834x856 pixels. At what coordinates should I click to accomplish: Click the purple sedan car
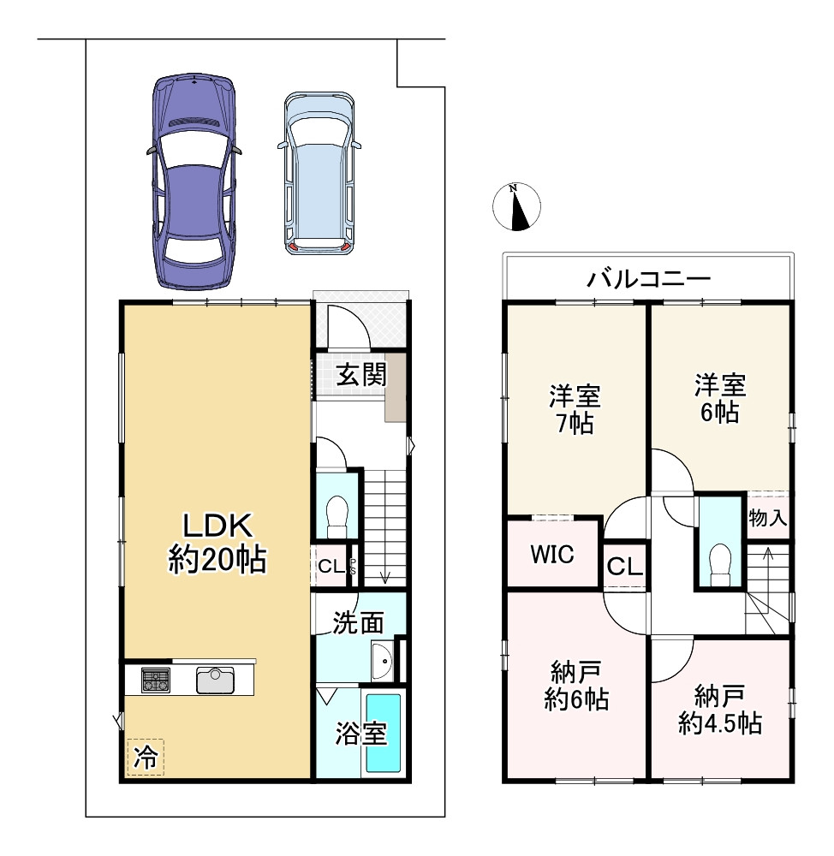tap(194, 182)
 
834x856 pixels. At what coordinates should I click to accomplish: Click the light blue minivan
tap(319, 174)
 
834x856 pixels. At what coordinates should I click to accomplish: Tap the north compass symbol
tap(516, 207)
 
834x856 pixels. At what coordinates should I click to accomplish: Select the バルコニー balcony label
tap(649, 280)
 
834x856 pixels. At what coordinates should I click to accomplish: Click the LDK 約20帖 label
tap(217, 544)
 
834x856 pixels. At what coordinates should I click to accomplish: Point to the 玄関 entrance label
tap(361, 375)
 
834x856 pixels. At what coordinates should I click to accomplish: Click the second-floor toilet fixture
tap(719, 566)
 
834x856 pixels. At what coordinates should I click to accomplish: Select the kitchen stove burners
tap(156, 680)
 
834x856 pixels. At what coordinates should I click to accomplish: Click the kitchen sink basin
tap(215, 681)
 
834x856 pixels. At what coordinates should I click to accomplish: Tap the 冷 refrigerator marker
tap(146, 758)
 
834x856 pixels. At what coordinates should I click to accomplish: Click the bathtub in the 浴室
tap(383, 732)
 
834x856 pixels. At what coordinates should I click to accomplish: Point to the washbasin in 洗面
tap(382, 661)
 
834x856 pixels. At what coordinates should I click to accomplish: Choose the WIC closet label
tap(552, 554)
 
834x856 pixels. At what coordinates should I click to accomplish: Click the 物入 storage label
tap(767, 518)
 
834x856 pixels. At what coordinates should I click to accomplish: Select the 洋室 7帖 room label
tap(575, 409)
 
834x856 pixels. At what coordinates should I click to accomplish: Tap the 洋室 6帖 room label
tap(720, 398)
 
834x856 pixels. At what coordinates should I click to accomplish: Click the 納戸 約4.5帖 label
tap(720, 710)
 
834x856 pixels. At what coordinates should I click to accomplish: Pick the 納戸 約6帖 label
tap(576, 686)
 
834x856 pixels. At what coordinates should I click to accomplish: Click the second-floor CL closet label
tap(625, 567)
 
